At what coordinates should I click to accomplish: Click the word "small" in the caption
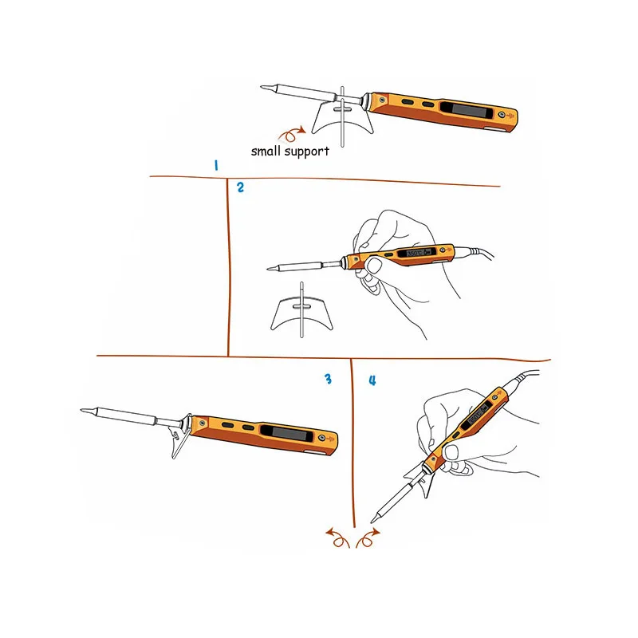point(266,151)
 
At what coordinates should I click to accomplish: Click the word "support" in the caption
point(307,152)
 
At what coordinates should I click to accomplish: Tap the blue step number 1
point(216,165)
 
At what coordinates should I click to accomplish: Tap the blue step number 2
point(241,187)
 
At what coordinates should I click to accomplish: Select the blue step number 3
point(329,380)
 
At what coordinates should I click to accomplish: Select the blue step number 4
point(372,380)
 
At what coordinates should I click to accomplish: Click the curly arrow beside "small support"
point(291,134)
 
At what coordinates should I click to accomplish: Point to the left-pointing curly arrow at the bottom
point(337,538)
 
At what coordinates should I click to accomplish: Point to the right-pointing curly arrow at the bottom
point(368,538)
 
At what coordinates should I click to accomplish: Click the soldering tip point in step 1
point(262,87)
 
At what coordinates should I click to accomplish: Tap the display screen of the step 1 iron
point(466,110)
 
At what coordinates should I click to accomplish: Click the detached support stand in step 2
point(302,312)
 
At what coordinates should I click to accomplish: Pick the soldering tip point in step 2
point(268,269)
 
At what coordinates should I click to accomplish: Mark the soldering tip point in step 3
point(81,410)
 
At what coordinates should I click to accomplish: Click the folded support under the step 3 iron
point(180,436)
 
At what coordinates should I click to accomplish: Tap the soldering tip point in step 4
point(372,522)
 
